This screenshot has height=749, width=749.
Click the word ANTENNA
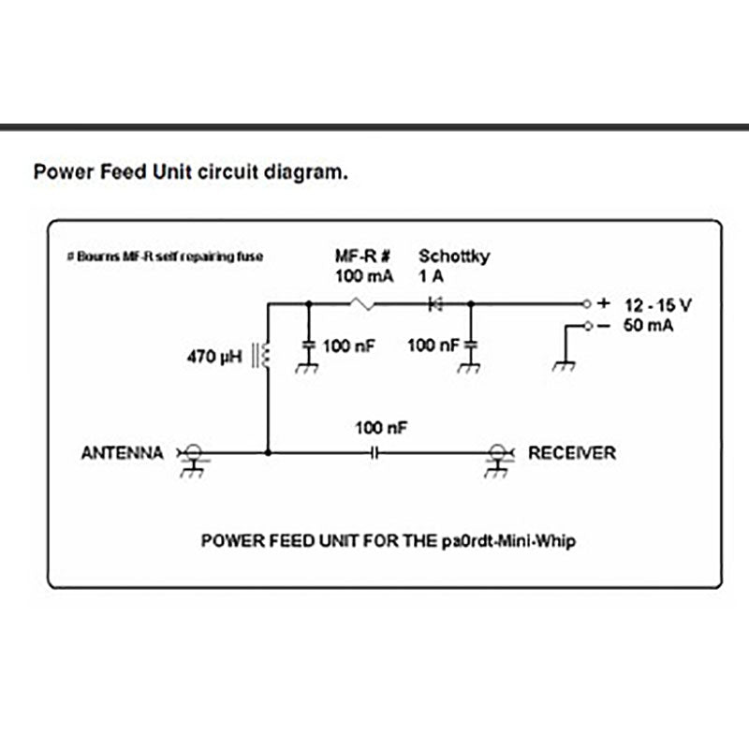[x=123, y=453]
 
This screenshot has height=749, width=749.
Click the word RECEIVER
[x=572, y=453]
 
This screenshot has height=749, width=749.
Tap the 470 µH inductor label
[x=214, y=356]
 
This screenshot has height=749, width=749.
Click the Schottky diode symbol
[x=433, y=303]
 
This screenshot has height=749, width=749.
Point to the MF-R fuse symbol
[x=362, y=303]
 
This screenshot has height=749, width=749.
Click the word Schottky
[x=453, y=256]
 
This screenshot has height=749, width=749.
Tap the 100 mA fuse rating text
[x=364, y=276]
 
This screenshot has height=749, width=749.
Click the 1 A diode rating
[x=432, y=276]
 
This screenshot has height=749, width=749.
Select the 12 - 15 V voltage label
[x=660, y=304]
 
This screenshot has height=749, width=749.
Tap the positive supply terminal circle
[x=586, y=303]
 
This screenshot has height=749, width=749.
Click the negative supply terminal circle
[x=586, y=326]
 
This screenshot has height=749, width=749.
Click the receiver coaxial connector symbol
[x=496, y=453]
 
